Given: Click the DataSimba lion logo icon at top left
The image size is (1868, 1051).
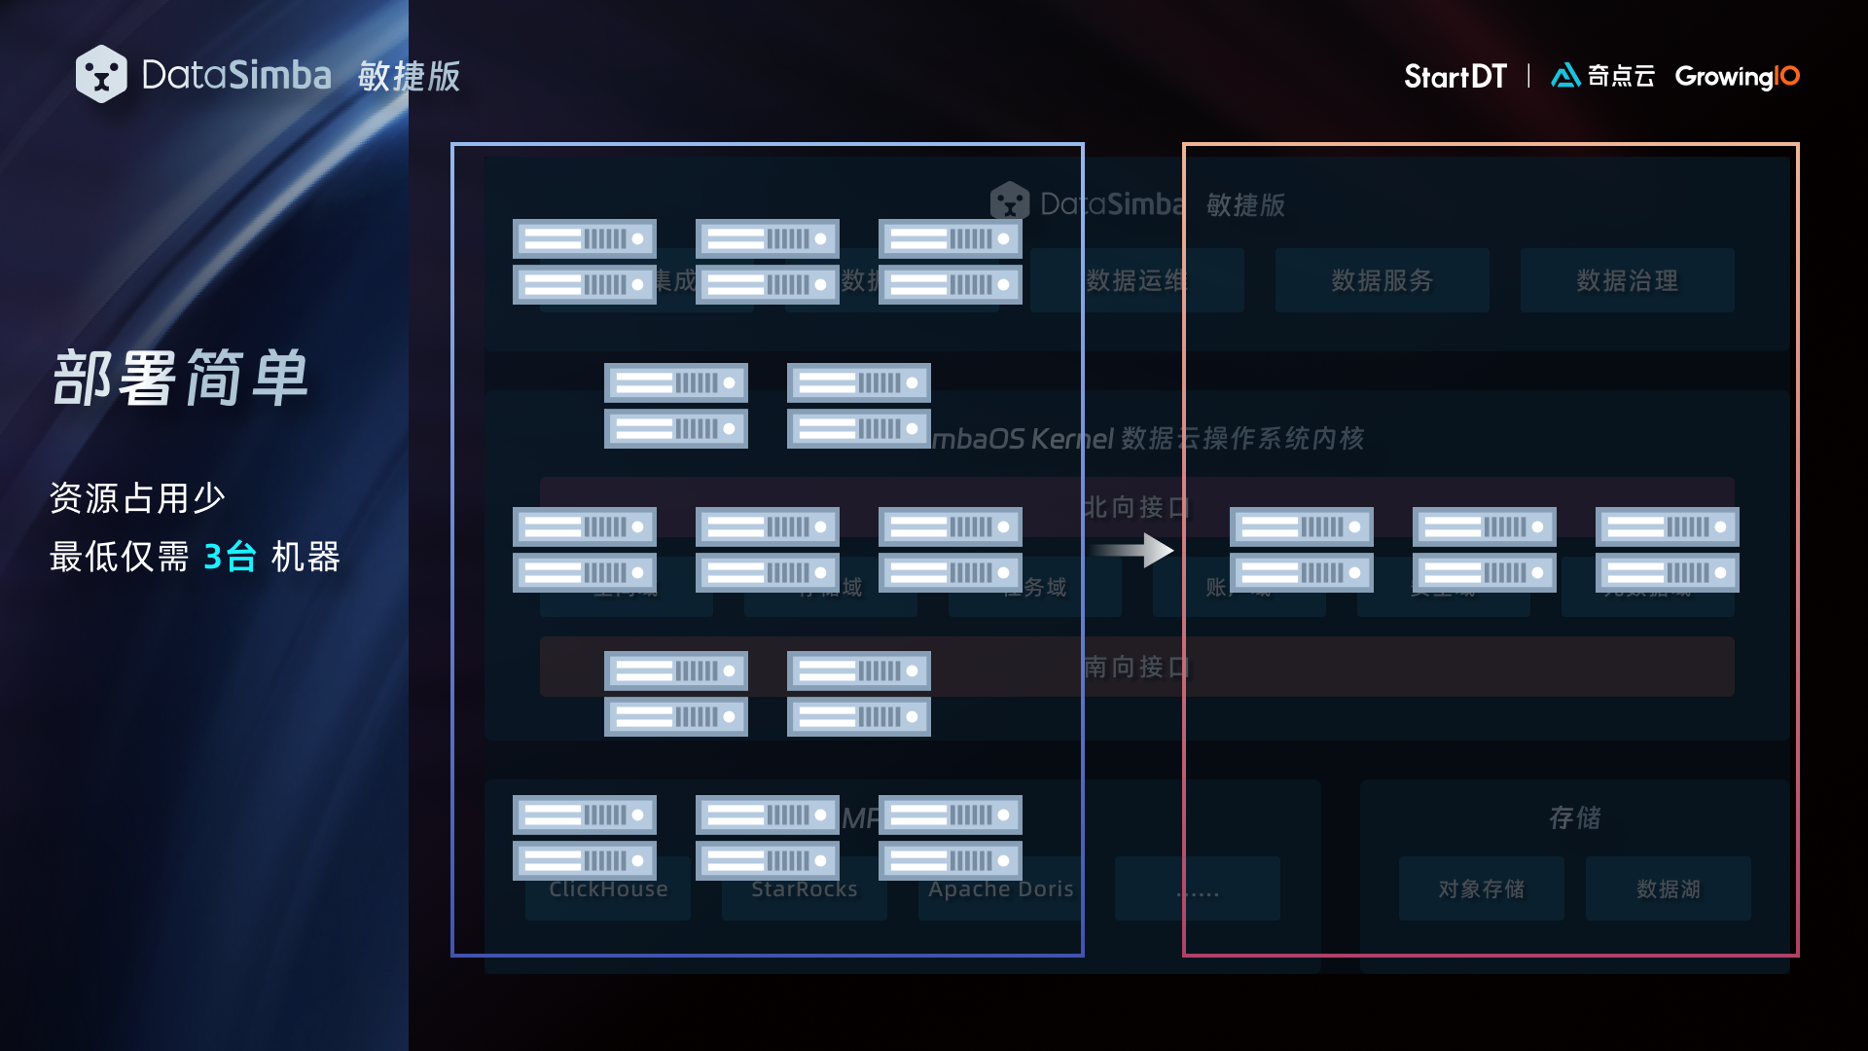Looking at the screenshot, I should click(101, 74).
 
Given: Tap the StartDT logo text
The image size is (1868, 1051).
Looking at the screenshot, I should click(1455, 76).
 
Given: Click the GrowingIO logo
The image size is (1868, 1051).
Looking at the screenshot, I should click(1737, 76).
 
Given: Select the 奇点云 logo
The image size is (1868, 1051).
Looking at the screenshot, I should click(1602, 76).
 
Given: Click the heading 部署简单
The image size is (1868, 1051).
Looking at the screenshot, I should click(181, 378).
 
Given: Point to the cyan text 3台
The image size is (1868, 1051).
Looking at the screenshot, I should click(230, 557).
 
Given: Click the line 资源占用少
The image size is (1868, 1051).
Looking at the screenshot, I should click(137, 497).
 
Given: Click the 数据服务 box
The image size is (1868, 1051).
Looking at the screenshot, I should click(1382, 280).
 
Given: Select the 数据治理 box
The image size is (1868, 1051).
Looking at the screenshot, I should click(1627, 280).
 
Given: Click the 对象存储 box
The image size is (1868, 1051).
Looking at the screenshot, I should click(1481, 888).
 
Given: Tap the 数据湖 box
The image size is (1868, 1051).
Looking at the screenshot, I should click(1668, 888).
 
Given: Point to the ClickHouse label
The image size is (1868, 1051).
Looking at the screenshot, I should click(608, 888).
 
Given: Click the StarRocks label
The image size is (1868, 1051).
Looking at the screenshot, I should click(804, 888).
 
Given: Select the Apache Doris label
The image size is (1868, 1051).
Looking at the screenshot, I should click(1000, 888).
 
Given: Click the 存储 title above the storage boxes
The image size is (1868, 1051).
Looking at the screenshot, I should click(1574, 817).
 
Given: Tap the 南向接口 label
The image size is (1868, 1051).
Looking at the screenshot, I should click(1136, 667).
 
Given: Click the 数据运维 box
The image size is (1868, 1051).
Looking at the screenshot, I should click(1136, 280).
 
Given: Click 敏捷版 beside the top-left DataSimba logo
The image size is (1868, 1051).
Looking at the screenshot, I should click(409, 76).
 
